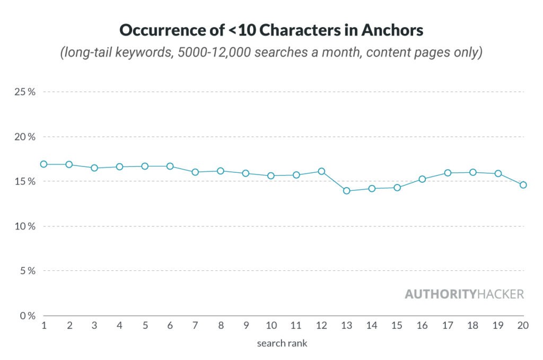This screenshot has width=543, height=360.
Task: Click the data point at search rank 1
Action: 43,164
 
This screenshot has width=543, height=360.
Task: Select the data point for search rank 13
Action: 347,191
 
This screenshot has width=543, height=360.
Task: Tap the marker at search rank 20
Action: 523,185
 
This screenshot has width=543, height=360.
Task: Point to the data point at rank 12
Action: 321,171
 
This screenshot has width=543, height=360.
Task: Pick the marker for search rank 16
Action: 423,179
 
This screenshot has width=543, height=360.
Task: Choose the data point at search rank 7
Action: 195,172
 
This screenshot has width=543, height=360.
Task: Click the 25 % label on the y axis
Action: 25,92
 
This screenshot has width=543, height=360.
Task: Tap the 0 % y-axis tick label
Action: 27,315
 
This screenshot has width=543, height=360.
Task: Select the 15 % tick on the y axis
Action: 25,181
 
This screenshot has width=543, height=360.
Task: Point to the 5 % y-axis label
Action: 27,271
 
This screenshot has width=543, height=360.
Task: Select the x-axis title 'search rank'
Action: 282,343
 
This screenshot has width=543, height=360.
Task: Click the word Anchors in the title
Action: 392,30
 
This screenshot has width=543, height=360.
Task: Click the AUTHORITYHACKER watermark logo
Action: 464,294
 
